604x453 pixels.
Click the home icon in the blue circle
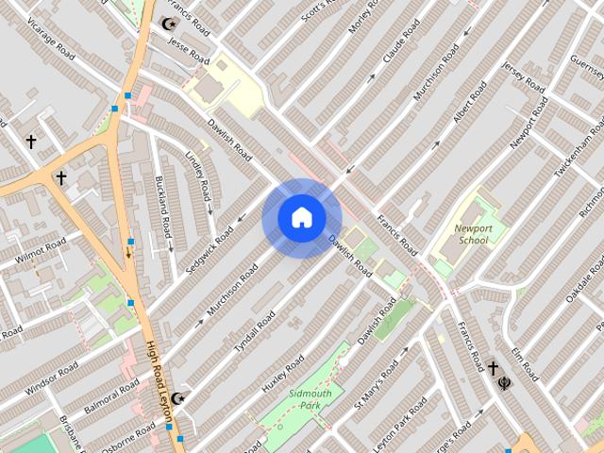[301, 218]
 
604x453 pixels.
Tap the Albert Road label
[470, 101]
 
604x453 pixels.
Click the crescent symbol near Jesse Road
[170, 24]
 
